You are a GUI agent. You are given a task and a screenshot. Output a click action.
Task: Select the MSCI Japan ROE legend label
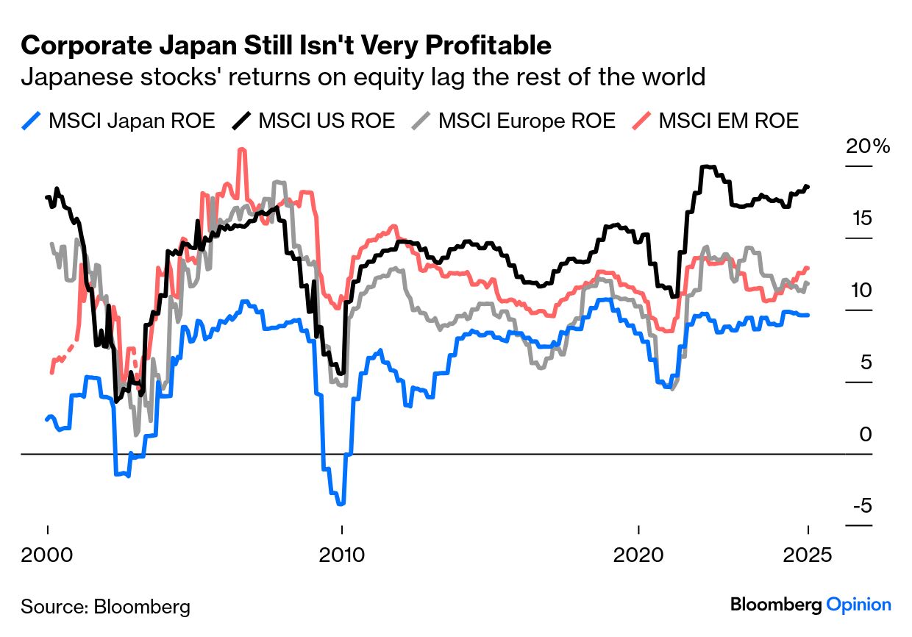point(131,121)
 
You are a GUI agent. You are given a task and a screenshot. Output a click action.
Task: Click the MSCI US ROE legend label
point(327,121)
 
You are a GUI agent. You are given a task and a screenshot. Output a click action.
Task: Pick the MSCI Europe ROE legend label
point(527,121)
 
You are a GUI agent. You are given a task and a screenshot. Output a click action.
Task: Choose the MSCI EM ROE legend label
point(728,121)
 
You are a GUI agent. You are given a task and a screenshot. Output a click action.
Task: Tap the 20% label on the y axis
point(866,146)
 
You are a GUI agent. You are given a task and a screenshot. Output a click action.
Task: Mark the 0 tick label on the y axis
point(865,435)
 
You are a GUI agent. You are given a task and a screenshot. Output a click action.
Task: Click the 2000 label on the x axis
point(47,553)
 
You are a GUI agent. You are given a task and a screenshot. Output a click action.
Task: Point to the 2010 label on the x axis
point(341,553)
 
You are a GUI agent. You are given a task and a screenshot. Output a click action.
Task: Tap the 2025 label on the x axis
point(808,553)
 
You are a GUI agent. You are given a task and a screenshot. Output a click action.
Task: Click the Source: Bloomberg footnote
point(105,607)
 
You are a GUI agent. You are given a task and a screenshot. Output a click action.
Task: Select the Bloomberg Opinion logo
point(811,605)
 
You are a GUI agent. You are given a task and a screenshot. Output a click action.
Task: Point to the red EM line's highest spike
point(242,150)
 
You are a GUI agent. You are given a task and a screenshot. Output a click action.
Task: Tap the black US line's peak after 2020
point(706,167)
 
